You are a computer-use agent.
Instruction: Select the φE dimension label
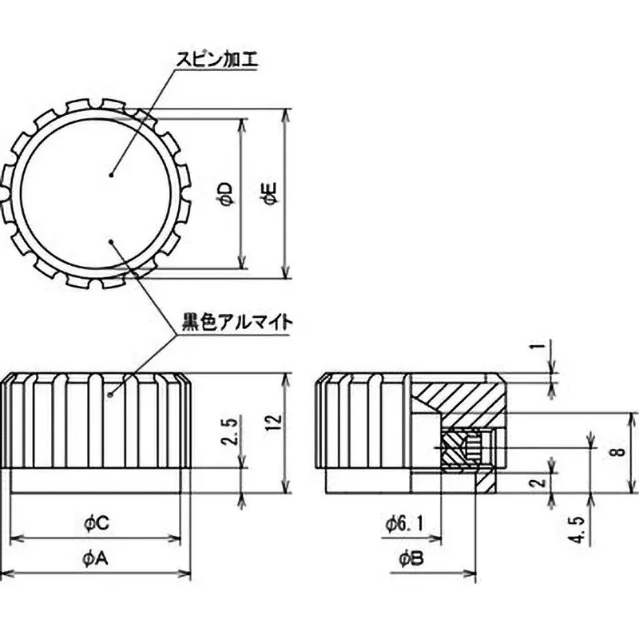272,194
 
